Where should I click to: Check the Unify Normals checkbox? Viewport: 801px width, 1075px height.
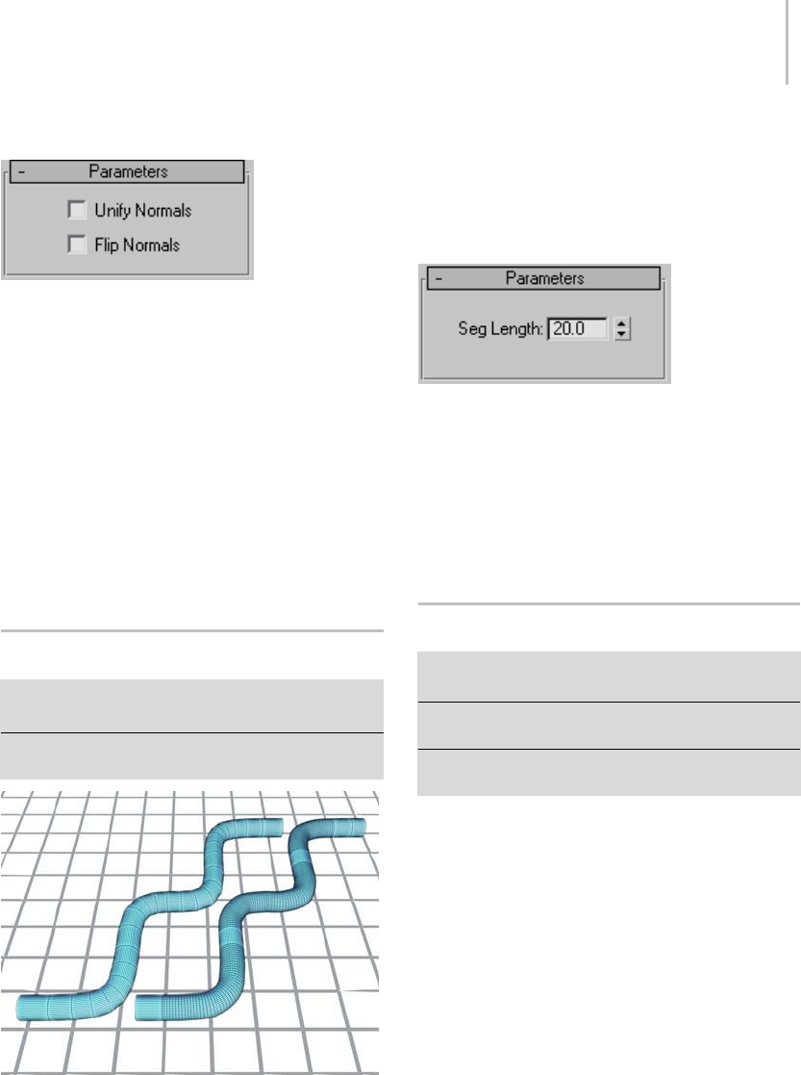click(x=77, y=209)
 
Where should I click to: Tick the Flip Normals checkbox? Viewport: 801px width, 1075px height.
click(x=77, y=245)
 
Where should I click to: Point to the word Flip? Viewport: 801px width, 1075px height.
click(x=105, y=245)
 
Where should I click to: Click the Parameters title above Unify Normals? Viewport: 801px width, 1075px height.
click(x=128, y=171)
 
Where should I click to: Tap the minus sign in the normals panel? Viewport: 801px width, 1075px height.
click(x=21, y=171)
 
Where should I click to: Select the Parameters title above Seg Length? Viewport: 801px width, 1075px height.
click(x=545, y=278)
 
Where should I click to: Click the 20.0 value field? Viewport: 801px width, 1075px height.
click(x=577, y=329)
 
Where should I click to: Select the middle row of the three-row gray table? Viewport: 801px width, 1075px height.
click(x=609, y=726)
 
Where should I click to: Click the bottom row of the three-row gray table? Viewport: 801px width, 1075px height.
click(x=609, y=772)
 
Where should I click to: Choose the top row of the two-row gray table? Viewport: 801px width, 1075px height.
click(x=191, y=706)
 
